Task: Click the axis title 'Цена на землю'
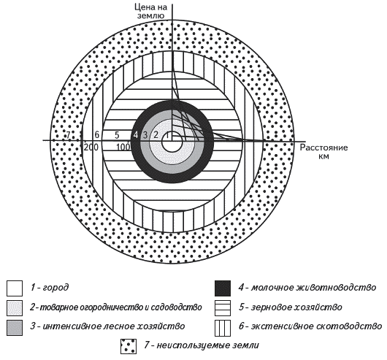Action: tap(150, 11)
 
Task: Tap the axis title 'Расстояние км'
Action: tap(323, 152)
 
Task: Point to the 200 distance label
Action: tap(91, 148)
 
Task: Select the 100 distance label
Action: tap(123, 148)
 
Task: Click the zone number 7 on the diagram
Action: tap(68, 135)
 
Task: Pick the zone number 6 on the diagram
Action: tap(96, 135)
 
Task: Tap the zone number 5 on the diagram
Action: tap(117, 135)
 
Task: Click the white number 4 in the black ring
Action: tap(136, 135)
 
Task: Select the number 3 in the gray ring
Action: tap(145, 135)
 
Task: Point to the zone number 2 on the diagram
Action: tap(156, 134)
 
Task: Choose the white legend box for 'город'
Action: tap(15, 288)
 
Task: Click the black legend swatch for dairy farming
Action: tap(223, 288)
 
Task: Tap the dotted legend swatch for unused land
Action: tap(129, 346)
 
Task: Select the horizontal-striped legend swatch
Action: tap(223, 308)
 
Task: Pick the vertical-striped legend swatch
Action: tap(223, 328)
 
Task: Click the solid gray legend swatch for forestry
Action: tap(15, 328)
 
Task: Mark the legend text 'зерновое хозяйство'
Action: tap(296, 307)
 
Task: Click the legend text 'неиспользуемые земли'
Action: tap(208, 345)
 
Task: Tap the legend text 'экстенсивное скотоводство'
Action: tap(317, 326)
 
